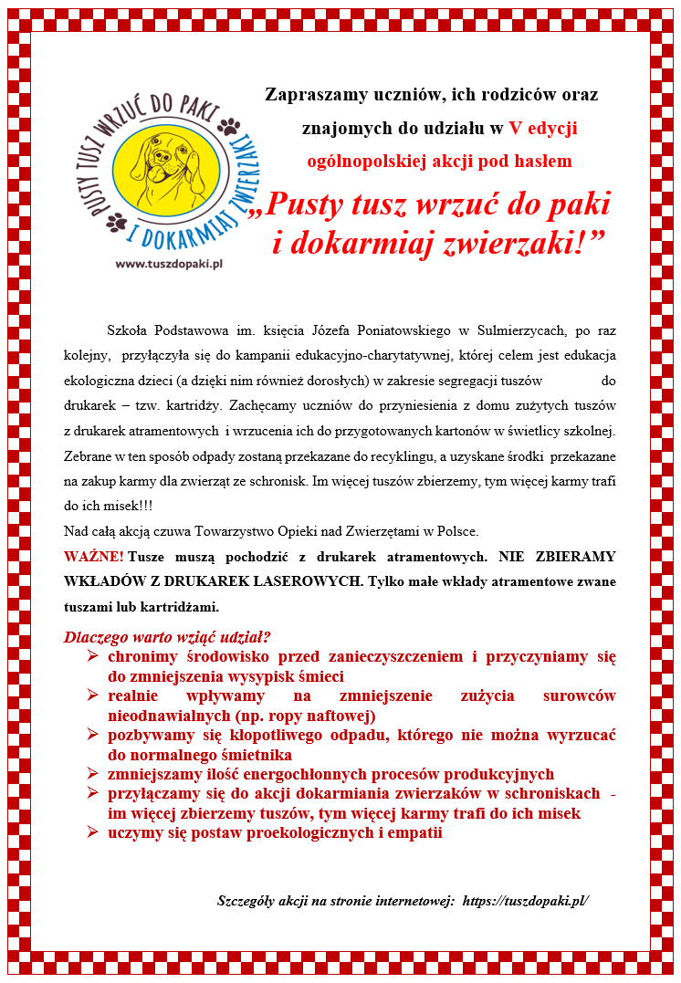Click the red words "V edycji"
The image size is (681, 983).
pos(543,128)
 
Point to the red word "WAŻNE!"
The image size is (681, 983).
pos(94,556)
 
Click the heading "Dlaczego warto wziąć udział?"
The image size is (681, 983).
pos(167,637)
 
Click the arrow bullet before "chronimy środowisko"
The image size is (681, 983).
pos(92,656)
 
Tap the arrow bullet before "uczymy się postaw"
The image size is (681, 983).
pos(92,832)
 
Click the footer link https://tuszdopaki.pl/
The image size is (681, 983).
pos(526,900)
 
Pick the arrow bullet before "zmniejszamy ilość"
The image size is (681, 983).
pos(92,774)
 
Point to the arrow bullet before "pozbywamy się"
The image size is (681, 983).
pos(92,735)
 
